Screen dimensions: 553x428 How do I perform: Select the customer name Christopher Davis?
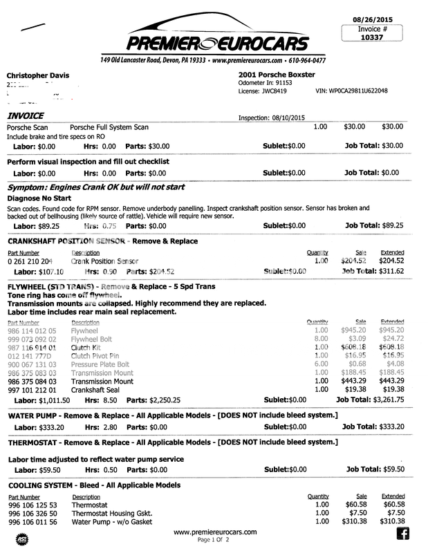point(40,74)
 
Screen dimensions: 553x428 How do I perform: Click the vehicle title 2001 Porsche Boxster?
point(276,74)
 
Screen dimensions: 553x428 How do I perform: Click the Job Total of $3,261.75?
point(395,400)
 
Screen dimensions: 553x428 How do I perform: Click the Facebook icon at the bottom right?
point(402,533)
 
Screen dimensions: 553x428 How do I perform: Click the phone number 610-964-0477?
point(304,61)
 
